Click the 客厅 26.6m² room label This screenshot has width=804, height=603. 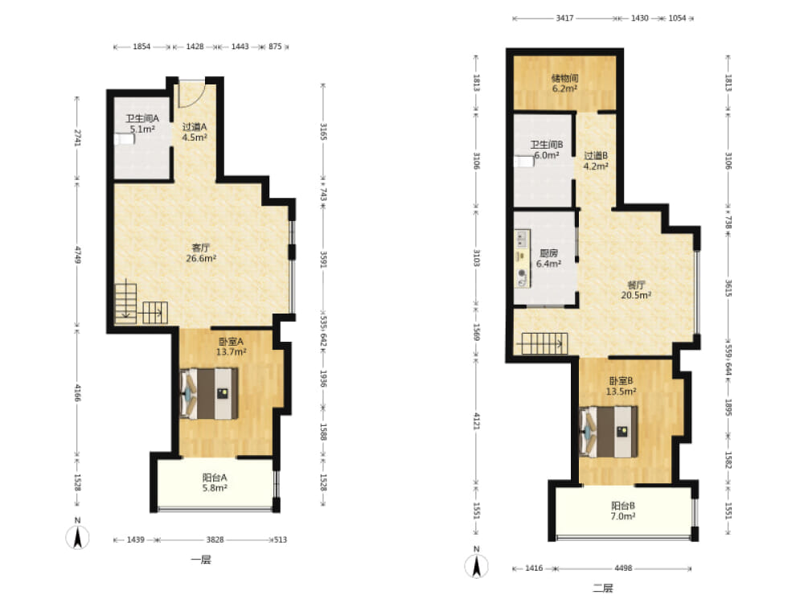pos(201,253)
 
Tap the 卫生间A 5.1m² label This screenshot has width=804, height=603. pos(142,124)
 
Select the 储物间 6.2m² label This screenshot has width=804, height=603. pos(564,83)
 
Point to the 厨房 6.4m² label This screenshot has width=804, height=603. pos(548,258)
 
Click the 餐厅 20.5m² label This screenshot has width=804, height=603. pos(636,289)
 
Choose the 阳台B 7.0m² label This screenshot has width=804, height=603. pos(622,511)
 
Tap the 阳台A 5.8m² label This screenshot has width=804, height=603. pos(215,482)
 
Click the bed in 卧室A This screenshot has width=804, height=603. pos(209,394)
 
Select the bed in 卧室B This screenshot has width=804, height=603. pos(609,432)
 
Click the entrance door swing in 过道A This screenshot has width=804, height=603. pos(191,94)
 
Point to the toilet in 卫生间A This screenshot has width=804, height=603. pos(125,139)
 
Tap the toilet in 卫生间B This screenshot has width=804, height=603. pos(524,162)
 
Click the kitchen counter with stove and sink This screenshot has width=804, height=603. pos(522,258)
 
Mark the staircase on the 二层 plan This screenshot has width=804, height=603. pos(544,343)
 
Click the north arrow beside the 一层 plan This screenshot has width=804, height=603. pos(77,535)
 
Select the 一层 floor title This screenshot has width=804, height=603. pos(201,559)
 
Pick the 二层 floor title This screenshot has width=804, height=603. pos(603,588)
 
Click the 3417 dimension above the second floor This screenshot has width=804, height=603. pos(564,18)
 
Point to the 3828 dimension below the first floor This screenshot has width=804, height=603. pos(215,539)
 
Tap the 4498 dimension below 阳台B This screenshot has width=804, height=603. pos(623,568)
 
